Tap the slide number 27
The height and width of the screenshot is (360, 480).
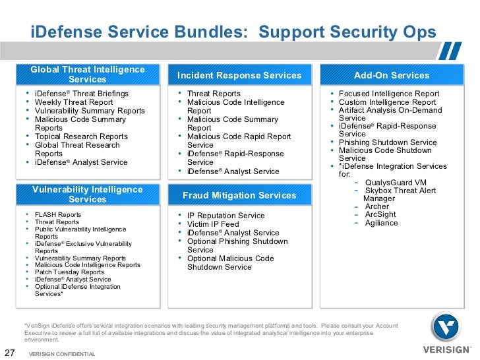[x=10, y=351]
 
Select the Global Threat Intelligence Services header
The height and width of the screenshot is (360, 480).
[x=87, y=75]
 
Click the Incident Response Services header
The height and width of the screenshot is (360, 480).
[x=239, y=75]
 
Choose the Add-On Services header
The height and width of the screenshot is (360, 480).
[x=391, y=75]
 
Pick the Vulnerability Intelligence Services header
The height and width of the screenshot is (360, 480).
[x=87, y=195]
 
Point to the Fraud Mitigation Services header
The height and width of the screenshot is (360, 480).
[x=239, y=195]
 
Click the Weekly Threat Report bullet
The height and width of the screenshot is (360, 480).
[x=74, y=102]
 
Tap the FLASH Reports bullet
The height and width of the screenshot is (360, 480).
[x=58, y=215]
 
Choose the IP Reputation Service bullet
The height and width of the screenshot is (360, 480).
[x=225, y=216]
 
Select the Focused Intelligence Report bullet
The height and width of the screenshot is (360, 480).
[x=389, y=94]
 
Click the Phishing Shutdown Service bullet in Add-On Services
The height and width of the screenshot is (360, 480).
[x=388, y=142]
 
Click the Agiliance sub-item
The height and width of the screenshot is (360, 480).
[x=382, y=223]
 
